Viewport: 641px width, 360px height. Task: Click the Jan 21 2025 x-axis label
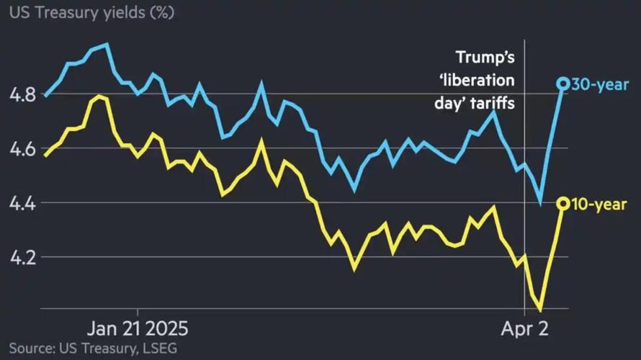[136, 330]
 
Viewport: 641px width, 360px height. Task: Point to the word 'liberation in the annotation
[484, 81]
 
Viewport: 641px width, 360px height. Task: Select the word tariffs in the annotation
[496, 104]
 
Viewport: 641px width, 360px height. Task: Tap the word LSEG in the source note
[158, 349]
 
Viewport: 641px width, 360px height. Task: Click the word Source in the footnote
[30, 349]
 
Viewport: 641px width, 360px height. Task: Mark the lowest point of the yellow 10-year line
[539, 310]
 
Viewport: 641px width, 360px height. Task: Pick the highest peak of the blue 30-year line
[107, 45]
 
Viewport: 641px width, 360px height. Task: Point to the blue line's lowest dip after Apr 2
[540, 203]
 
